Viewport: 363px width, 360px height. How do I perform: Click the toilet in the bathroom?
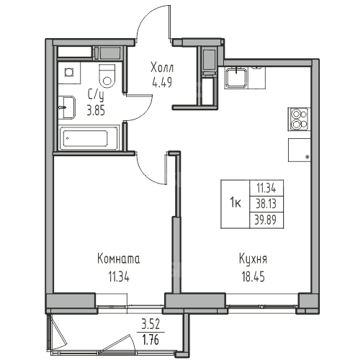(107, 76)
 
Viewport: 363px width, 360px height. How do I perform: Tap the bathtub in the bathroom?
(88, 138)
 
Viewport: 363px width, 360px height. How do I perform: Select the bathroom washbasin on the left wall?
(67, 107)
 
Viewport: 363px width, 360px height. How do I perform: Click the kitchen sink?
(236, 78)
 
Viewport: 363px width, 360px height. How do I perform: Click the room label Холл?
(162, 68)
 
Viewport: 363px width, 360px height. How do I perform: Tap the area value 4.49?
(162, 83)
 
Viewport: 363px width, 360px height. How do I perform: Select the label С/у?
(96, 96)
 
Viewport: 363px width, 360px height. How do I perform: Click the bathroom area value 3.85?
(96, 111)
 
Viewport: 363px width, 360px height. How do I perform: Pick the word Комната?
(119, 259)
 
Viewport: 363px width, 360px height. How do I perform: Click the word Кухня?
(253, 259)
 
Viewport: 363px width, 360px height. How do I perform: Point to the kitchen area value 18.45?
(253, 276)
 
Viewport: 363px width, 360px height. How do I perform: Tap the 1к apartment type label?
(236, 204)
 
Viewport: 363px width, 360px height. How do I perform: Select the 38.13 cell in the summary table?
(266, 204)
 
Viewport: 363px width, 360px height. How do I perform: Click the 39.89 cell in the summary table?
(266, 220)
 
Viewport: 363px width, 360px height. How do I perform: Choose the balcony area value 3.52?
(151, 325)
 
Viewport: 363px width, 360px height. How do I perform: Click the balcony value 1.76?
(151, 340)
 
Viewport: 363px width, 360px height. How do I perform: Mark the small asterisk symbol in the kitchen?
(307, 157)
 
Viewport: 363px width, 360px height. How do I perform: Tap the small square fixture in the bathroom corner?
(69, 72)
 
